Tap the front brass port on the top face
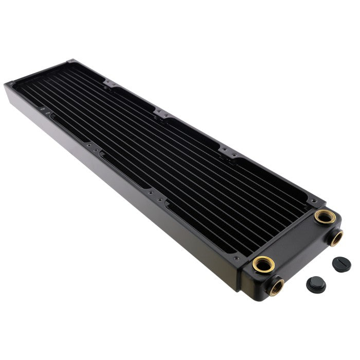(x=263, y=264)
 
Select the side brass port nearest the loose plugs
(x=336, y=237)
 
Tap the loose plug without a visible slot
(x=316, y=283)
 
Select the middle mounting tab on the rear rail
(x=164, y=114)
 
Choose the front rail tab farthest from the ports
(x=45, y=112)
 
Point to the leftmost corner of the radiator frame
(x=5, y=85)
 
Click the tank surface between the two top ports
(x=294, y=240)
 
